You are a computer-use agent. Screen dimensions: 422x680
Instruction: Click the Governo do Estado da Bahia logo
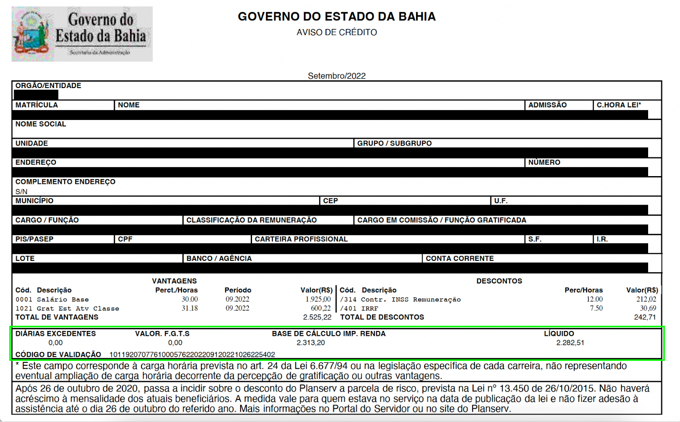[82, 34]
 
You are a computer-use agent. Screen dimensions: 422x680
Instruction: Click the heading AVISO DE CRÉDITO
[337, 32]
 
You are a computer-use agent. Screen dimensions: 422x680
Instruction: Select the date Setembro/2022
[337, 76]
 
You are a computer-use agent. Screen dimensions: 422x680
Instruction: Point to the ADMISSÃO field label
[547, 105]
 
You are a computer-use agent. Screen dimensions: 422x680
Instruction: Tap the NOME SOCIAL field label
[41, 124]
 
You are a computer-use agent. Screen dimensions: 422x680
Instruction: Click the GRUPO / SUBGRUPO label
[394, 143]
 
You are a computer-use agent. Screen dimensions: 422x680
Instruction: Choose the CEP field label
[330, 201]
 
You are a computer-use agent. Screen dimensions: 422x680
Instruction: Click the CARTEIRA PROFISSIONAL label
[301, 239]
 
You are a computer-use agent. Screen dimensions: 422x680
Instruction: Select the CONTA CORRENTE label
[460, 258]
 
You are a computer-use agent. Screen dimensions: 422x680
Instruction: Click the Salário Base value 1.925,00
[318, 299]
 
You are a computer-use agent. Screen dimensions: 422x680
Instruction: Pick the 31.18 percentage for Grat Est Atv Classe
[190, 308]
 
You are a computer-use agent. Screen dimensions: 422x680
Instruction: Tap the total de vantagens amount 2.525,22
[317, 317]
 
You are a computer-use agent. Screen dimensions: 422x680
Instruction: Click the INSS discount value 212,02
[646, 299]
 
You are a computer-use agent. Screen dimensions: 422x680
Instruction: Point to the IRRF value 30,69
[648, 308]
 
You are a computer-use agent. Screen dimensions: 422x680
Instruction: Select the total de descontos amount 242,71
[645, 317]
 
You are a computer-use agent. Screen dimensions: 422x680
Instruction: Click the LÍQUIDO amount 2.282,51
[570, 342]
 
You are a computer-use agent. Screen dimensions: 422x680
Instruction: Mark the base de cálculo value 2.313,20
[311, 342]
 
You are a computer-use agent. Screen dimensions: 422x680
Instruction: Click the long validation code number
[192, 354]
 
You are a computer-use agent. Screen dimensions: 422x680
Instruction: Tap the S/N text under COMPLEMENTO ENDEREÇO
[21, 191]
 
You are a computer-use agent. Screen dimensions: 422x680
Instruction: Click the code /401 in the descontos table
[348, 308]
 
